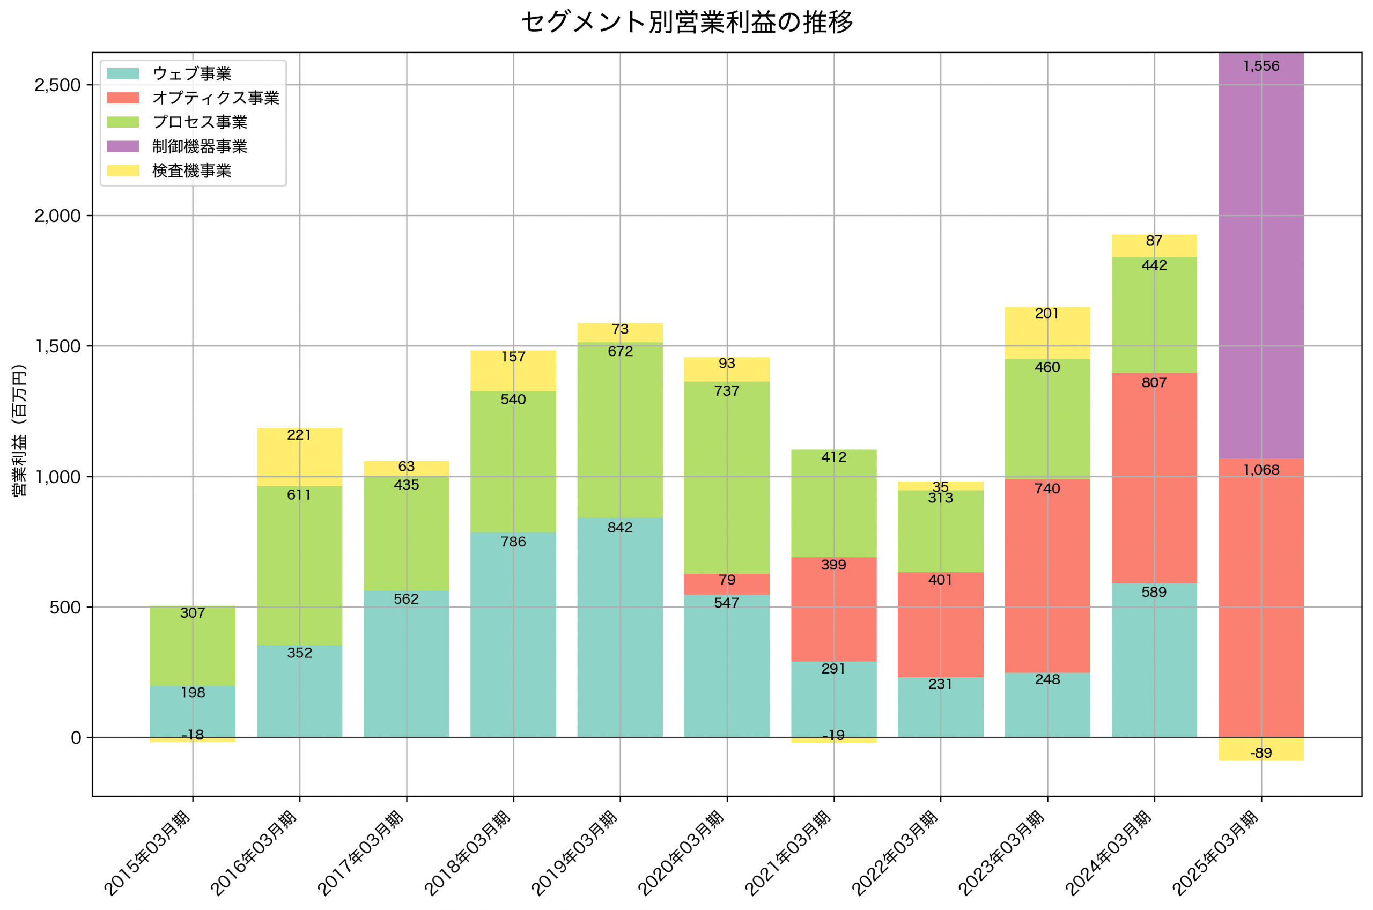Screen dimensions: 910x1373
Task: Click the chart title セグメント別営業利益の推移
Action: point(686,22)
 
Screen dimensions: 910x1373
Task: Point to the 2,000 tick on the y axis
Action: point(57,216)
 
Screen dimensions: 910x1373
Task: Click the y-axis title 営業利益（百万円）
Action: point(19,431)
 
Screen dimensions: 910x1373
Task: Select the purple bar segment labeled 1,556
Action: point(1260,255)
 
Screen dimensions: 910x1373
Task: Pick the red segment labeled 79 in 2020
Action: point(727,585)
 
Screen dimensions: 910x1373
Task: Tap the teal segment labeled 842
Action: point(620,627)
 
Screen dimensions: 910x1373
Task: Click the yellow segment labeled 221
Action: point(299,457)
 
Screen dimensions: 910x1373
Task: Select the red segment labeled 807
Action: point(1154,478)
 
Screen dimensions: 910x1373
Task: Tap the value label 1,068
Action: point(1260,470)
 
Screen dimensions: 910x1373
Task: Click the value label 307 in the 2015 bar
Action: point(193,613)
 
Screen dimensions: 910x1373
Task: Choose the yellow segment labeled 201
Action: point(1047,333)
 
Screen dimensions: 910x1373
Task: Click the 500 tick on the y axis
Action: point(64,608)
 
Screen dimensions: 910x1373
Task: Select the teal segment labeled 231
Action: point(940,707)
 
